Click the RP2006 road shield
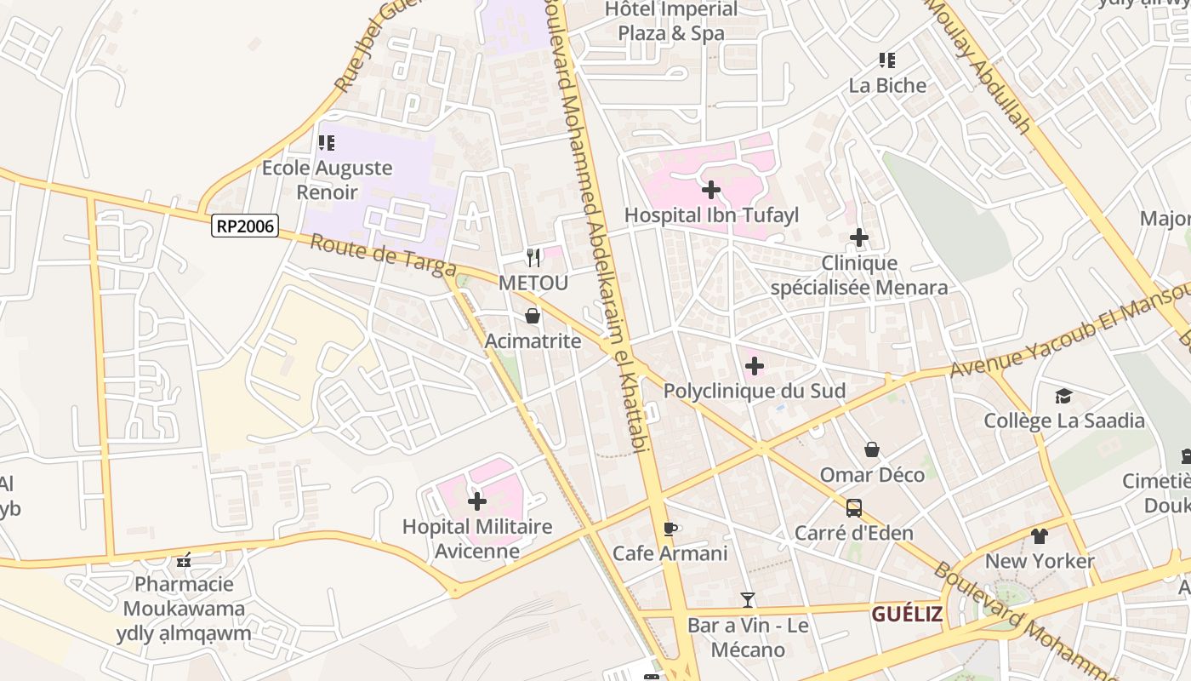(246, 226)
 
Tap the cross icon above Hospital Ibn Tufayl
(711, 190)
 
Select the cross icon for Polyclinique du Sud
(754, 367)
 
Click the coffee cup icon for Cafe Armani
(670, 529)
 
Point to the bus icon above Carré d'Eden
(853, 508)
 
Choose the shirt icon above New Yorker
(1039, 536)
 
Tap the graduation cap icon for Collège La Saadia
(1063, 396)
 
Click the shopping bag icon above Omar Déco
(872, 449)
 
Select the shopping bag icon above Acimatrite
(533, 317)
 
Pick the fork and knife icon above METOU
(533, 257)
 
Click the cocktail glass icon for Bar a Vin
(747, 600)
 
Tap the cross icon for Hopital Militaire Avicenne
(477, 501)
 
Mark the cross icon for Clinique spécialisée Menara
(859, 237)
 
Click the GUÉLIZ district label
(907, 614)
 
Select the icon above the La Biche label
(887, 60)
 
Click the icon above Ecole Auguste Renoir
(327, 143)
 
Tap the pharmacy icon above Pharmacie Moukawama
(184, 560)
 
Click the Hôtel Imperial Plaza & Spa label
(671, 21)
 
